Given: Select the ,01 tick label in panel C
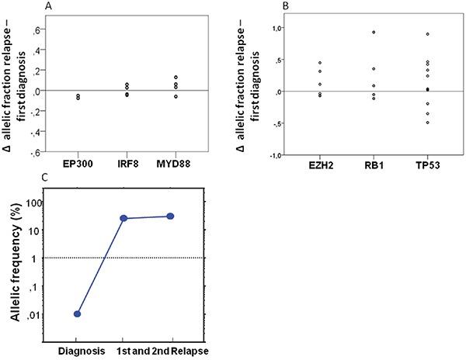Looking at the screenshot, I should [x=47, y=315].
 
